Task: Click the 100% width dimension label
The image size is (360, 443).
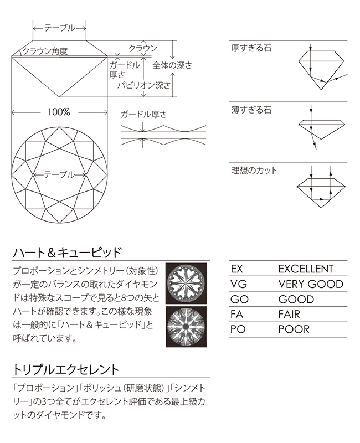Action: click(59, 112)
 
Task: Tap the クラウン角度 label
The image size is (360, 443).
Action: click(45, 51)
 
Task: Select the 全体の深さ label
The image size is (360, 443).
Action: click(172, 65)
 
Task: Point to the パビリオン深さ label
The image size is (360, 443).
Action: click(144, 85)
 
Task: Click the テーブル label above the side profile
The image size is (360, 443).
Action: click(60, 28)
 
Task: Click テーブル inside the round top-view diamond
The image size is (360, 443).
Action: click(60, 175)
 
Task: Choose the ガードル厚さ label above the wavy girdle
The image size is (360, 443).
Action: click(143, 115)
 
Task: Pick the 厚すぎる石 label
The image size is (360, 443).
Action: click(251, 48)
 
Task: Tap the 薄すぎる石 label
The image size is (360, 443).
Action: click(251, 109)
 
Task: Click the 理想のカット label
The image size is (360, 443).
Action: click(254, 171)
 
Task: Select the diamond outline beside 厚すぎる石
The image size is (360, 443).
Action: click(322, 70)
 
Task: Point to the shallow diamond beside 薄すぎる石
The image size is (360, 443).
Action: click(322, 130)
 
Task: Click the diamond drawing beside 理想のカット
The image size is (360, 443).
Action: click(321, 193)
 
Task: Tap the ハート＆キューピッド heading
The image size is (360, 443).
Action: click(67, 252)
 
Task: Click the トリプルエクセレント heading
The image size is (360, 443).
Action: click(66, 369)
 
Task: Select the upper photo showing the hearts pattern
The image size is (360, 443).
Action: click(186, 284)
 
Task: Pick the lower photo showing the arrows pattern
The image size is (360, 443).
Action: click(186, 327)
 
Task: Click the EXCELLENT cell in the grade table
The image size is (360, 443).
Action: click(306, 269)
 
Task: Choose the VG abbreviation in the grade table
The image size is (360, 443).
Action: click(239, 284)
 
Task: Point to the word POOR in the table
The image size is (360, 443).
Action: click(294, 329)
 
